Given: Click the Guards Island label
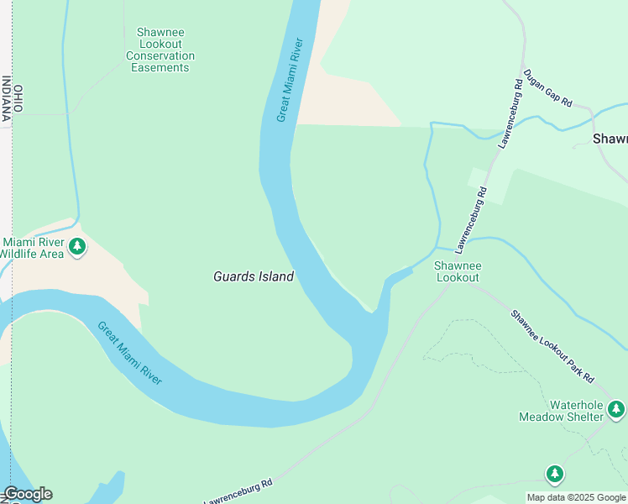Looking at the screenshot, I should (x=254, y=276).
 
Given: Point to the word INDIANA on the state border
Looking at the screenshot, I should (x=6, y=98).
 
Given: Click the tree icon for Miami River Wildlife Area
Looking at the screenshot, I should (x=77, y=246).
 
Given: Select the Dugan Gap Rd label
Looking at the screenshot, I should (x=547, y=88).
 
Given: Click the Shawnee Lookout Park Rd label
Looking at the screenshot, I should (x=552, y=345).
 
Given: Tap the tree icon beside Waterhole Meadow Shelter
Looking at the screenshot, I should (x=616, y=409).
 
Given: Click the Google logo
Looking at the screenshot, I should (x=28, y=494).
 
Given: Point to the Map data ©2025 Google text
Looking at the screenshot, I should (x=576, y=497).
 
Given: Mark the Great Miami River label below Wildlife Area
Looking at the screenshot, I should (x=128, y=354).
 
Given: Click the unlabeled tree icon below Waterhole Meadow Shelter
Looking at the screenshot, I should (x=554, y=475).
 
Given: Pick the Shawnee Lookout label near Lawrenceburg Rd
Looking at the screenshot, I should (x=457, y=271).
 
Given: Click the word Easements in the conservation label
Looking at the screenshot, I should (x=160, y=67).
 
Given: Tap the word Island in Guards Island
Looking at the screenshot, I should (x=275, y=276).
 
